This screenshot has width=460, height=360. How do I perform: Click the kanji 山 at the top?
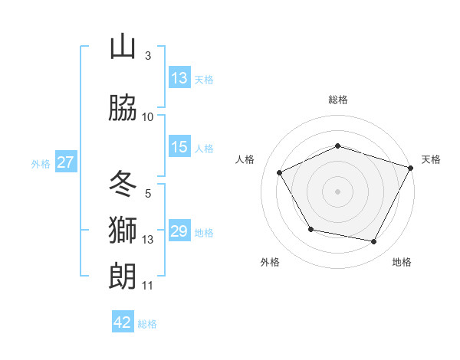pos(123,47)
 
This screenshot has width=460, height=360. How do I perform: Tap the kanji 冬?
pos(123,184)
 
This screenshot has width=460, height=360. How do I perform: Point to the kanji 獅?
pos(123,230)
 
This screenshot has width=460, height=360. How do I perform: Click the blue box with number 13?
pos(179,78)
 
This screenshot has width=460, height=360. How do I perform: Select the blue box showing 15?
pos(179,147)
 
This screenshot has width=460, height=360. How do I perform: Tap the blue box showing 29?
pos(179,231)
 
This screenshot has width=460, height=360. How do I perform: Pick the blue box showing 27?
pos(66,162)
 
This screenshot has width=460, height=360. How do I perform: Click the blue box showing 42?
pos(123,322)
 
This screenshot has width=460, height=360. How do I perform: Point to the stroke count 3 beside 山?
pos(147,56)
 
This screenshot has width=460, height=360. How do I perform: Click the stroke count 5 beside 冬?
pos(147,194)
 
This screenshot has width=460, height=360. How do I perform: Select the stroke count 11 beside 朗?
pos(147,286)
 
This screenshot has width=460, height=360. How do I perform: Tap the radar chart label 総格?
pos(338,100)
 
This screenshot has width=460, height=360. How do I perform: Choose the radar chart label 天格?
pos(431,159)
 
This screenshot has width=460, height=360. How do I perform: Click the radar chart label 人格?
pos(245,159)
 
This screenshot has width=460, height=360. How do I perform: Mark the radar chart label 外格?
pos(270,262)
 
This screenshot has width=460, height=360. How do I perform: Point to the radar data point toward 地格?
pos(374,242)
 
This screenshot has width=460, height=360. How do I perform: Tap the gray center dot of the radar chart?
pos(338,191)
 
